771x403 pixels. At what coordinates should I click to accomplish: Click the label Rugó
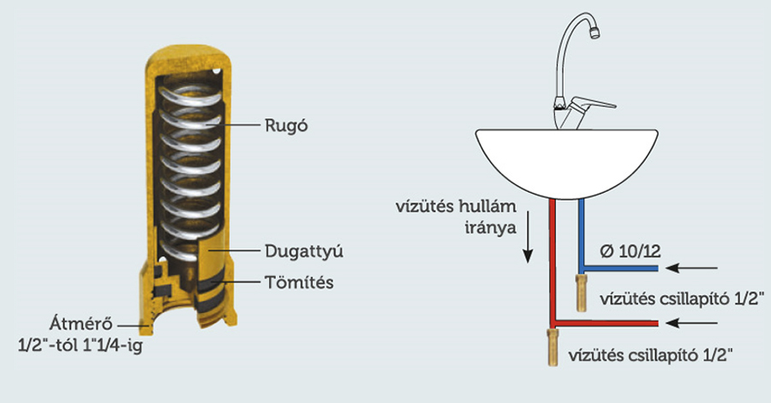click(x=287, y=125)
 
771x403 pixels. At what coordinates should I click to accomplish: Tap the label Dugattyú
click(x=304, y=251)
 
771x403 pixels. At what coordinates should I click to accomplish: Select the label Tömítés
click(x=299, y=282)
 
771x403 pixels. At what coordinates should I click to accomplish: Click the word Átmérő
click(x=81, y=324)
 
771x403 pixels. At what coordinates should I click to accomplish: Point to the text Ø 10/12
click(x=630, y=251)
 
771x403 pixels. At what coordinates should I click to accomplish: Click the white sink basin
click(x=566, y=160)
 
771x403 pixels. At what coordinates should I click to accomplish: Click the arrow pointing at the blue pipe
click(x=691, y=268)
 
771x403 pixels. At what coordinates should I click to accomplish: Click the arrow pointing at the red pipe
click(x=691, y=323)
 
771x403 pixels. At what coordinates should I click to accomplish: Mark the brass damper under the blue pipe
click(x=581, y=292)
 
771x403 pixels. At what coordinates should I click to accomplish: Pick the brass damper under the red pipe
click(x=553, y=347)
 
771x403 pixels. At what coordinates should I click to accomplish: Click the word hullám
click(x=487, y=206)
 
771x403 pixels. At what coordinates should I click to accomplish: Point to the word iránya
click(x=490, y=228)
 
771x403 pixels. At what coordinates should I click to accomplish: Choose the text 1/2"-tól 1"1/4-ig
click(x=81, y=346)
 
